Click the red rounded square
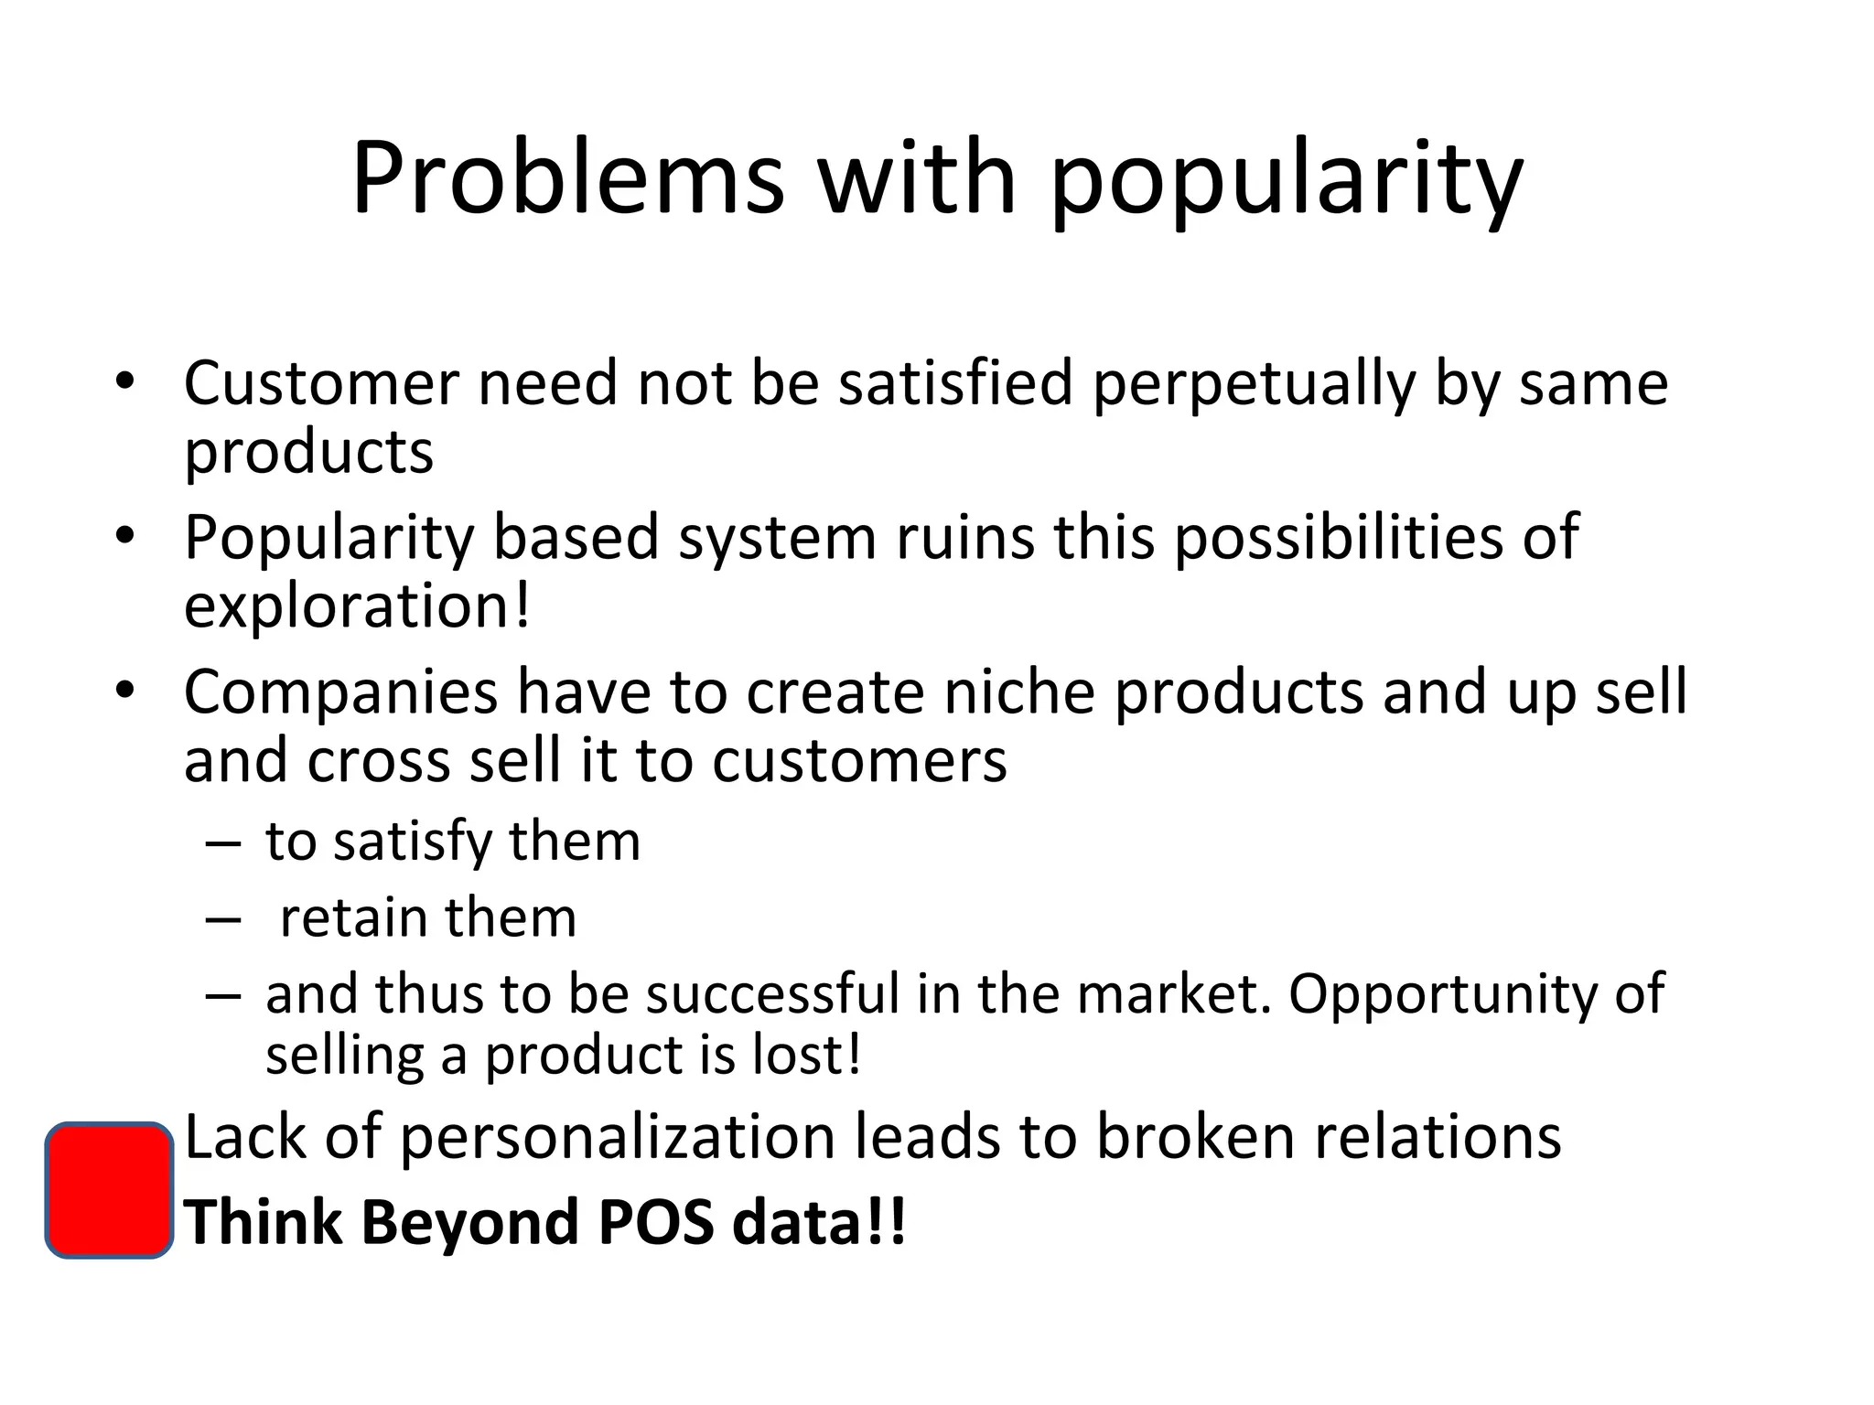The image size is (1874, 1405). pos(109,1190)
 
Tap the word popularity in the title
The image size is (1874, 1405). pos(1286,180)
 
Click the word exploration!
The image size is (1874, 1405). pos(357,607)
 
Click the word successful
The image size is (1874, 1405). pos(773,994)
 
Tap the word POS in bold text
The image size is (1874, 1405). pos(655,1223)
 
